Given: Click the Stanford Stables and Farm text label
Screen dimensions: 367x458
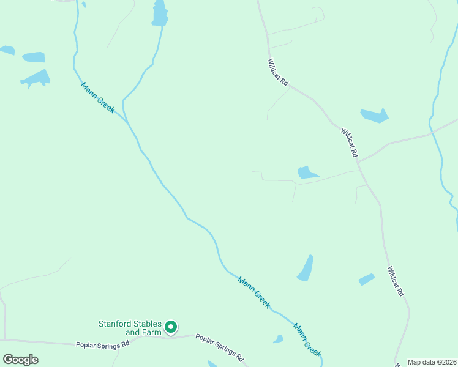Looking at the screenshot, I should [130, 328].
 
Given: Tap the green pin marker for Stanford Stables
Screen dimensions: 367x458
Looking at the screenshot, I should [172, 328].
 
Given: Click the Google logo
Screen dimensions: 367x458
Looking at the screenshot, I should [20, 360].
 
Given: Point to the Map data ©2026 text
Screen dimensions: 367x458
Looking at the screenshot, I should [432, 362].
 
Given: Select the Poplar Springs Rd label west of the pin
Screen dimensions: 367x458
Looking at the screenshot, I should [103, 344].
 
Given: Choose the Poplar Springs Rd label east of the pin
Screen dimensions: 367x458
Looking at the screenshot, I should [220, 346].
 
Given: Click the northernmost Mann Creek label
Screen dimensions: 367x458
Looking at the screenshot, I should [97, 97].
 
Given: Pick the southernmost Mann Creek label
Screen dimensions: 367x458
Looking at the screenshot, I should [307, 339].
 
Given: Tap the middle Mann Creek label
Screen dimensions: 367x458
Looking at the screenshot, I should [254, 292].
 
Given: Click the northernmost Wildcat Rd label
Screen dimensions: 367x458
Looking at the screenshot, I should [278, 72].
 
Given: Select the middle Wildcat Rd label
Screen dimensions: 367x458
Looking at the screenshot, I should [349, 143].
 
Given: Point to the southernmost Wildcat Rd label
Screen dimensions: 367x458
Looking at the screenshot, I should [396, 281].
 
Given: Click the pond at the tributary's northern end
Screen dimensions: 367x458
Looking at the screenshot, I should [160, 13].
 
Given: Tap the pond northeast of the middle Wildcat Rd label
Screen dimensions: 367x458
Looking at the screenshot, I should [375, 116].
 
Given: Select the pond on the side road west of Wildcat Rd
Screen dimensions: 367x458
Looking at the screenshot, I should [306, 172].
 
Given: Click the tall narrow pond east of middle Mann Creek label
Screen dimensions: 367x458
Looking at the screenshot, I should [306, 269].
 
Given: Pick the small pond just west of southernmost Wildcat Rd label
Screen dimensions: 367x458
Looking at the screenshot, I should [366, 280].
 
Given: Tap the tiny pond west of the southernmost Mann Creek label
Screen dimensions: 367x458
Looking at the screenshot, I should [279, 339].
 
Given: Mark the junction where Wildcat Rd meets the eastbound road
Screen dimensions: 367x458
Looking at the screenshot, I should [359, 161].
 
